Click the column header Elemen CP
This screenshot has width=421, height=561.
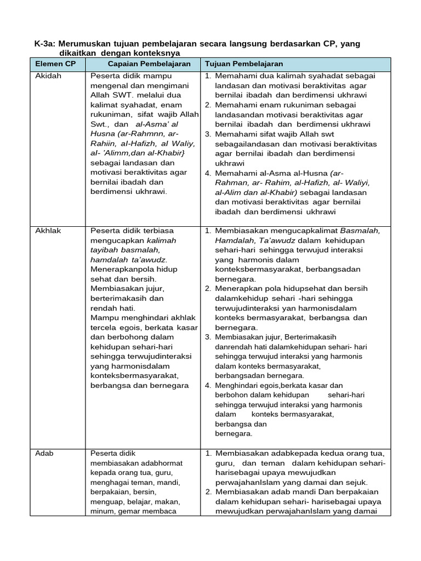pos(55,64)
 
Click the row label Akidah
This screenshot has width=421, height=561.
pos(48,76)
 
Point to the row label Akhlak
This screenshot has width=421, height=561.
pos(48,231)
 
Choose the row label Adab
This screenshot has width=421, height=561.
pos(44,453)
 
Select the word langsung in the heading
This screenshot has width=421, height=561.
pos(251,44)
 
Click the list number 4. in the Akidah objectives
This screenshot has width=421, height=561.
pos(208,173)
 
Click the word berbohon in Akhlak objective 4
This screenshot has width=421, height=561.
pos(232,394)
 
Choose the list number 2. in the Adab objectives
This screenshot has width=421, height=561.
pos(208,491)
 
